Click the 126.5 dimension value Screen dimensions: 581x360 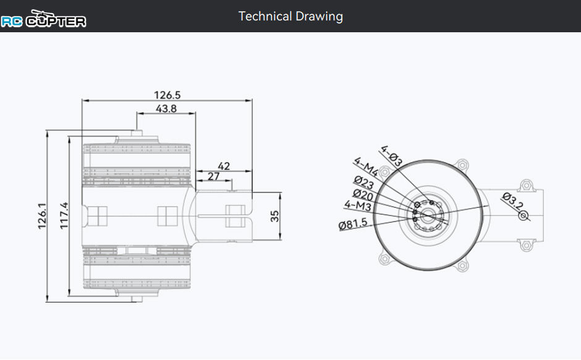click(167, 95)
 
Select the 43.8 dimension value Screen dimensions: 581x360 click(166, 109)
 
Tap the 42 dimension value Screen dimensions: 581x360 click(224, 166)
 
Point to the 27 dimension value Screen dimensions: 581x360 click(213, 176)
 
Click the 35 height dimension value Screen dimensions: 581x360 click(274, 216)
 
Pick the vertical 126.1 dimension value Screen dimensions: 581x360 click(42, 216)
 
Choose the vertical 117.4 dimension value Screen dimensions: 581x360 click(64, 215)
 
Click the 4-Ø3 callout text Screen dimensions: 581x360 click(391, 156)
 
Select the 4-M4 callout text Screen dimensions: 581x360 click(366, 167)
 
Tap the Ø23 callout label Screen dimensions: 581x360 click(363, 182)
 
